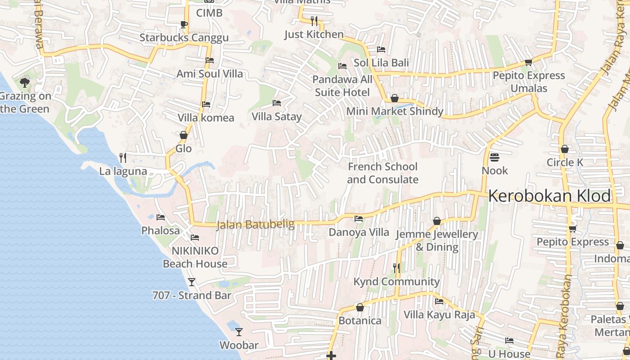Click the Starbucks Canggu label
tap(184, 38)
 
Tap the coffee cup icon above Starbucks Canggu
tap(184, 24)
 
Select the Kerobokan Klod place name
tap(549, 196)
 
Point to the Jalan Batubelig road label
tap(255, 224)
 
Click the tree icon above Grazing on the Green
tap(25, 82)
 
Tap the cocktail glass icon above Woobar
tap(239, 332)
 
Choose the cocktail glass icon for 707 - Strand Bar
tap(192, 282)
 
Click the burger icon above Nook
tap(495, 157)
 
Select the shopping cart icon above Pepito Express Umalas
tap(529, 62)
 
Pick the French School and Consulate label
tap(382, 173)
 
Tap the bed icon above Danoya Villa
tap(359, 219)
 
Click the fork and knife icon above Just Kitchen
tap(314, 21)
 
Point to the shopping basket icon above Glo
tap(184, 135)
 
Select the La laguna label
tap(123, 171)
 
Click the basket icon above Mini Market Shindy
tap(395, 98)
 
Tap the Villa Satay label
tap(277, 117)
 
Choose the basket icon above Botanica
tap(360, 308)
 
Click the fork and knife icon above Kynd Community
tap(396, 268)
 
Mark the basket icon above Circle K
tap(565, 149)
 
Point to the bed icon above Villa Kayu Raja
tap(439, 301)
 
